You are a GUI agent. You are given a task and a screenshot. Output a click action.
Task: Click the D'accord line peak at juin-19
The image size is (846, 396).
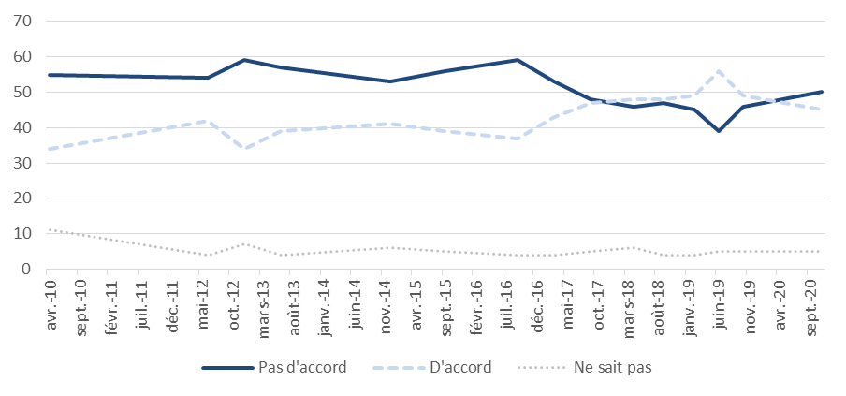[719, 71]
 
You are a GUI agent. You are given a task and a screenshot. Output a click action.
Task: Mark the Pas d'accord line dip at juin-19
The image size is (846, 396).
[719, 131]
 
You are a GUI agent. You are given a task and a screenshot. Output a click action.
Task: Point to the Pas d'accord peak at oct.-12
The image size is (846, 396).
[244, 60]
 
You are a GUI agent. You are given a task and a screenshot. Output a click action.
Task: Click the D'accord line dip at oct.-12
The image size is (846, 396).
[244, 149]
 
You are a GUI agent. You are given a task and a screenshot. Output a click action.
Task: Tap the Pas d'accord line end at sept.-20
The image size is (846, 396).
[821, 92]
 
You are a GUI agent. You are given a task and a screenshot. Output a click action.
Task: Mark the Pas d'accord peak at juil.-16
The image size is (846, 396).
[518, 60]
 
